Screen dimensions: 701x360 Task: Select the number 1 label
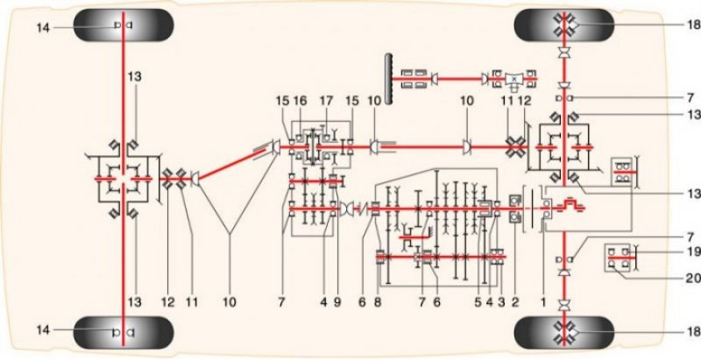tap(543, 302)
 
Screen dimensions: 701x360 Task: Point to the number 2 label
tap(515, 302)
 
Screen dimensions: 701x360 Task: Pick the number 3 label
tap(501, 302)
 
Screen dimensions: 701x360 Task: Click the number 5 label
tap(478, 302)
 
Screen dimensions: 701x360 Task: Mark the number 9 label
tap(337, 302)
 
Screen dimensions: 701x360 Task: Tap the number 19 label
tap(694, 252)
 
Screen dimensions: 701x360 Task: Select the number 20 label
tap(694, 278)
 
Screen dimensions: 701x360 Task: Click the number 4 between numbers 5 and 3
tap(490, 302)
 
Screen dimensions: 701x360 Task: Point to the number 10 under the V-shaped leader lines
tap(230, 302)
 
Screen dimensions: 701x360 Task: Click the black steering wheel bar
tap(389, 79)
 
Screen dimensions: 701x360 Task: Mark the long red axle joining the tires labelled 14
tap(123, 179)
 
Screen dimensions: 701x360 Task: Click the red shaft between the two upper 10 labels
tap(422, 146)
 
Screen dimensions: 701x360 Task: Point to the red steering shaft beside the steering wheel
tap(459, 79)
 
